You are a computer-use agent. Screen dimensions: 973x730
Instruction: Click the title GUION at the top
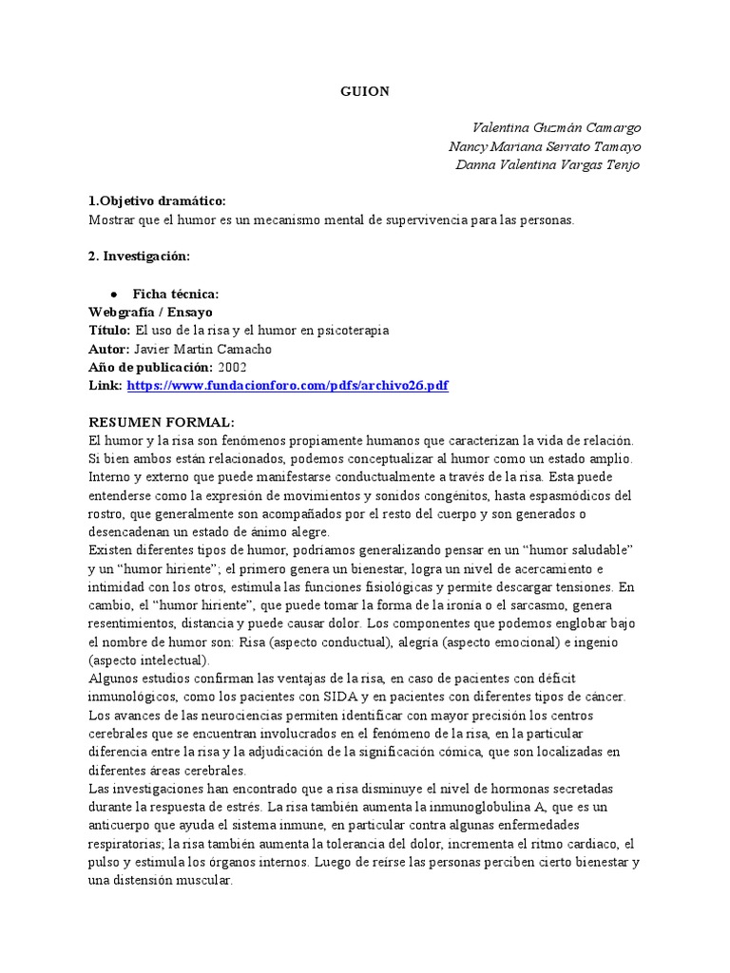click(x=364, y=90)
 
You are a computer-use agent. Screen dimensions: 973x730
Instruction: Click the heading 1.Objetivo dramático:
click(x=157, y=201)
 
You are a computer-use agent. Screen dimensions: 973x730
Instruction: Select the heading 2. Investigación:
click(x=139, y=257)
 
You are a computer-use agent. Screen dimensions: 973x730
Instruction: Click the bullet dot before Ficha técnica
click(x=114, y=295)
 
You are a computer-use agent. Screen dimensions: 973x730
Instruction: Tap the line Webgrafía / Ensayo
click(x=150, y=312)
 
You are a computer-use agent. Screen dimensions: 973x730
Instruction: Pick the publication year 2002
click(x=232, y=367)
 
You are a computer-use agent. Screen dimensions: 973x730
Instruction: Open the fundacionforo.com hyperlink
click(x=287, y=386)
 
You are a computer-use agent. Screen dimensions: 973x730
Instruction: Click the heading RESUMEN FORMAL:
click(x=161, y=423)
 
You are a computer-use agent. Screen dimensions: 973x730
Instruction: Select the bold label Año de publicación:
click(x=150, y=367)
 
